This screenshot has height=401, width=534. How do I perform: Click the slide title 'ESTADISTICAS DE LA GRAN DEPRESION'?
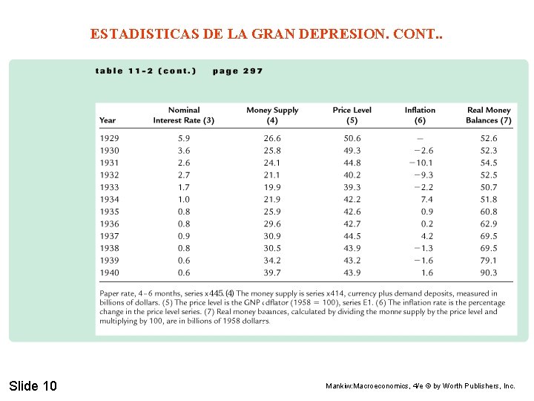click(x=266, y=34)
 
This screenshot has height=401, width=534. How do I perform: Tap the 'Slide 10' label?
click(x=33, y=385)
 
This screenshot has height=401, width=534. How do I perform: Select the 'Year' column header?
click(x=108, y=120)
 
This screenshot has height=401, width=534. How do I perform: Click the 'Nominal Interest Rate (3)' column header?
click(x=184, y=115)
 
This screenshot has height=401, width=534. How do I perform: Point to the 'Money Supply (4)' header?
click(x=272, y=115)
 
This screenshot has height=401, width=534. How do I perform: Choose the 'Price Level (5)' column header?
click(x=352, y=115)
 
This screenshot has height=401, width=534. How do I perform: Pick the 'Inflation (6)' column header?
click(x=420, y=115)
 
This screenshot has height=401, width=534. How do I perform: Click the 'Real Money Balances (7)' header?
click(x=488, y=115)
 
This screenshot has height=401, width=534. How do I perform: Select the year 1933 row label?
click(x=109, y=187)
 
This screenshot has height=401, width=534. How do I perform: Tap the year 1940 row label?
click(x=109, y=273)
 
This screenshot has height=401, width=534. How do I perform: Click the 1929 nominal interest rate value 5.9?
click(x=184, y=138)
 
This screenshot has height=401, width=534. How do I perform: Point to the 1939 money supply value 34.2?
click(x=272, y=261)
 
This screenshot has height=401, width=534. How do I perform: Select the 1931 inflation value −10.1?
click(x=421, y=163)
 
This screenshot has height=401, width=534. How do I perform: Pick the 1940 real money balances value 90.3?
click(x=489, y=273)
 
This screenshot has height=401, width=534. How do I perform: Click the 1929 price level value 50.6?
click(x=352, y=138)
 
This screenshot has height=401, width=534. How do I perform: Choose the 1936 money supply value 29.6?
click(x=272, y=224)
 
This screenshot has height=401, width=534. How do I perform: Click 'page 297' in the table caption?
click(x=237, y=71)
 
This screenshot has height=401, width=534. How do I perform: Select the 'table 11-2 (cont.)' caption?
click(x=145, y=71)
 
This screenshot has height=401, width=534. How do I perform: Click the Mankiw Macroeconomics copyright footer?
click(x=421, y=386)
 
